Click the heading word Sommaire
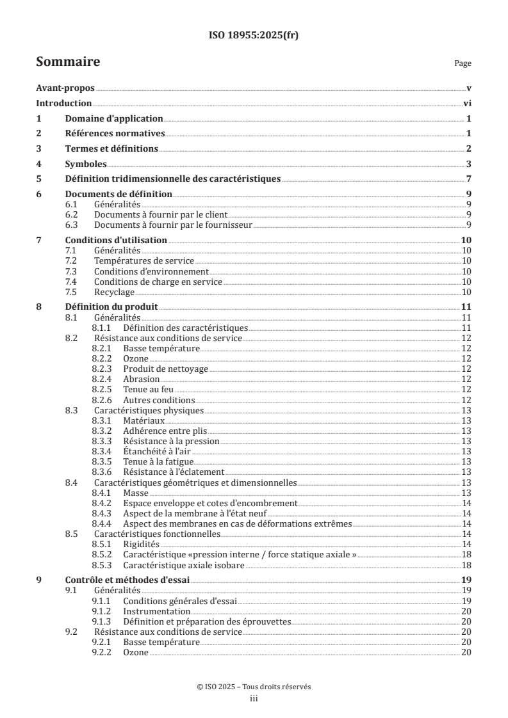tap(67, 62)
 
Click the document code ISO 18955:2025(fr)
tap(254, 35)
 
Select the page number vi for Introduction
tap(468, 104)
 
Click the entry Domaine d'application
tap(114, 119)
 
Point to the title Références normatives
tap(115, 134)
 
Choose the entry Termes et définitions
tap(111, 149)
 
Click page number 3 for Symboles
tap(469, 164)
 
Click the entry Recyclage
tap(114, 292)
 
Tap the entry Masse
tap(136, 493)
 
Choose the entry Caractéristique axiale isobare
tap(184, 564)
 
